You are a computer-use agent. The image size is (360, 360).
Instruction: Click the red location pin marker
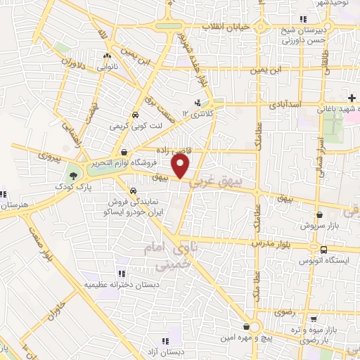(x=181, y=167)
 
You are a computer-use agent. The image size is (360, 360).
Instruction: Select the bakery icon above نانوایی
(x=107, y=57)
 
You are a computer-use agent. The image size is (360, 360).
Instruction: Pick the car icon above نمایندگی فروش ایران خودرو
(x=134, y=191)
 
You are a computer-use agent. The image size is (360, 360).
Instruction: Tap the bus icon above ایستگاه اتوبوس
(x=323, y=250)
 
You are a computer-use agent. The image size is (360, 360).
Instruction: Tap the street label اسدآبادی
(x=285, y=104)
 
